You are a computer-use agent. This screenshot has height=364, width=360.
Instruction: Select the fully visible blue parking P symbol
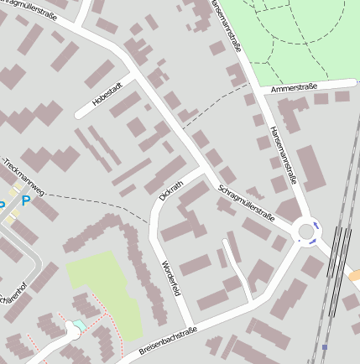26,201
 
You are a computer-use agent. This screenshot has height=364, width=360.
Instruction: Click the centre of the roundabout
305,231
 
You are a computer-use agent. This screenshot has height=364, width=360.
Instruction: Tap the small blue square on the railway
325,346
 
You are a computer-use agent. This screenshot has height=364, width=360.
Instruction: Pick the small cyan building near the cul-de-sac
79,325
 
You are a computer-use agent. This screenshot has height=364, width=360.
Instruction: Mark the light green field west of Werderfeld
105,285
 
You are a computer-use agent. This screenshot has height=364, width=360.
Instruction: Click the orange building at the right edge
354,274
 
